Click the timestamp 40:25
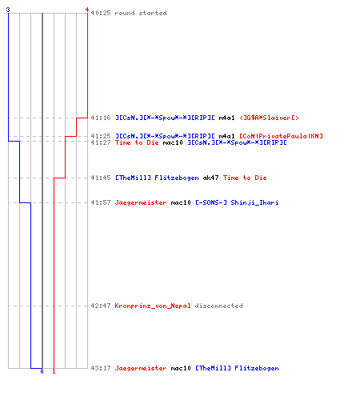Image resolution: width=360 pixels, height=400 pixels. click(101, 13)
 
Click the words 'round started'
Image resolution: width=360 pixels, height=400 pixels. click(141, 13)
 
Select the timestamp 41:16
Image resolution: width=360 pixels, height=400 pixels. click(101, 118)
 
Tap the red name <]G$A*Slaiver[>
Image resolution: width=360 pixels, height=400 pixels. click(269, 118)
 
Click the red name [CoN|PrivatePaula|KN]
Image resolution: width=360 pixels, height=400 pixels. click(281, 136)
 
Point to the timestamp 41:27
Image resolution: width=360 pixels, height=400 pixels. click(101, 142)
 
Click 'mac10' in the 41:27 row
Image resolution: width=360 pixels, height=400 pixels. click(173, 142)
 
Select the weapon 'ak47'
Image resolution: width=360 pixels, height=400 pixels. click(210, 178)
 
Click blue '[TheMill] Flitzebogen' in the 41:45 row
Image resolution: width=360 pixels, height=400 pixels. click(157, 178)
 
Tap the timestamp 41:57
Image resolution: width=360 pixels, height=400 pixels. click(101, 202)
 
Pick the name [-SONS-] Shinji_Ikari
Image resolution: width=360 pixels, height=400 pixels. click(237, 202)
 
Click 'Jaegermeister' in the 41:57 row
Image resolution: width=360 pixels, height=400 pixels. click(141, 202)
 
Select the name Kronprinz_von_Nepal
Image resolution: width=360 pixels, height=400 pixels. click(153, 306)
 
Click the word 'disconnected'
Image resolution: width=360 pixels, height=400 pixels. click(218, 306)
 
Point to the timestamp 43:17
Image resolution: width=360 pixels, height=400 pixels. click(101, 368)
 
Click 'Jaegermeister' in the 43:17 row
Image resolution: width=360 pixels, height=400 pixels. click(141, 368)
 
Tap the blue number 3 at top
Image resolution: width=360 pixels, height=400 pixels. click(8, 10)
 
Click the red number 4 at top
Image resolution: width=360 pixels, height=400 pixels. click(87, 10)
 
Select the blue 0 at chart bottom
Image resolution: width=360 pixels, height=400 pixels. click(42, 371)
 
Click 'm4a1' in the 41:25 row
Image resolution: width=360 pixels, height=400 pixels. click(226, 136)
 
